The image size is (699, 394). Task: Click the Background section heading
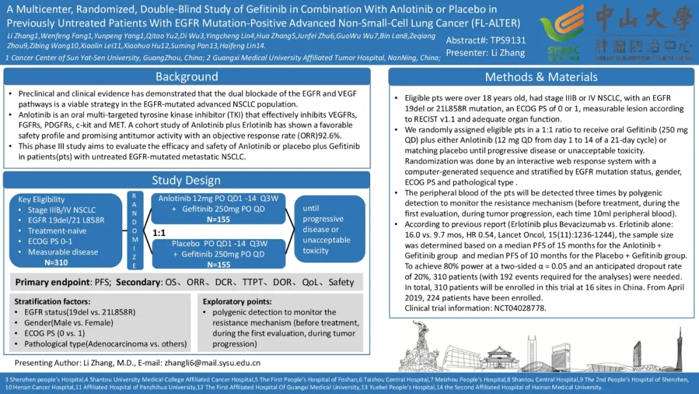tap(186, 77)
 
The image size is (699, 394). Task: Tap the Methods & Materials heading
tap(542, 77)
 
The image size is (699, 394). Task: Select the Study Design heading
tap(186, 180)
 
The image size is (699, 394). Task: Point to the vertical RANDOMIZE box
tap(134, 230)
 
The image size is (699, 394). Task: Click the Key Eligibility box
tap(62, 230)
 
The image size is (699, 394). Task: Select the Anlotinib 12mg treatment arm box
tap(218, 209)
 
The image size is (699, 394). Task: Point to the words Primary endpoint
tap(50, 283)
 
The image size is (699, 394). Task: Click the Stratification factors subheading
tap(51, 302)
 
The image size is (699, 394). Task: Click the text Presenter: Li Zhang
tap(476, 53)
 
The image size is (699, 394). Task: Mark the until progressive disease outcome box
tap(327, 229)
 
